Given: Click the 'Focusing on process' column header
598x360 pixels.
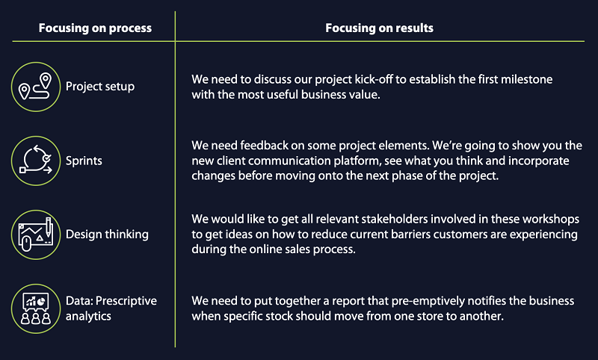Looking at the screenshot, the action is pyautogui.click(x=95, y=28).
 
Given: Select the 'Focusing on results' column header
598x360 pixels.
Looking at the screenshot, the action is pyautogui.click(x=379, y=28).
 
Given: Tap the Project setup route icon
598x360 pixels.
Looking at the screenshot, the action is pyautogui.click(x=36, y=87).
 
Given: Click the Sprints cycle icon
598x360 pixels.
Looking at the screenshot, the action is pyautogui.click(x=36, y=161).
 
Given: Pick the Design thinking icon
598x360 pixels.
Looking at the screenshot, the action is pyautogui.click(x=36, y=235).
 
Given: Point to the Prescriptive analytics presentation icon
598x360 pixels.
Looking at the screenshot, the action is pyautogui.click(x=36, y=308).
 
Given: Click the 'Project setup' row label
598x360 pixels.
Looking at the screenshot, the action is pyautogui.click(x=100, y=87).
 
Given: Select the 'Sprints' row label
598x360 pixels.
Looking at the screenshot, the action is pyautogui.click(x=84, y=161).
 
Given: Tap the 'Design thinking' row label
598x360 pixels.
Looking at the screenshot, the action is pyautogui.click(x=107, y=235).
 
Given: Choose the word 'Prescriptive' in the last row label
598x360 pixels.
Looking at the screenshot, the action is pyautogui.click(x=126, y=301).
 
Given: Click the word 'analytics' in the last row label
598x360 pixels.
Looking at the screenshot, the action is pyautogui.click(x=88, y=316).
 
